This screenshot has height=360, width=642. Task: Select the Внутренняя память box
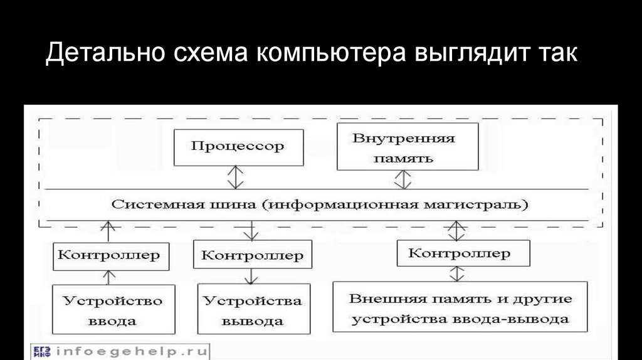tap(407, 147)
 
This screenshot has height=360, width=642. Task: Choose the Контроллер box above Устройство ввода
tap(110, 255)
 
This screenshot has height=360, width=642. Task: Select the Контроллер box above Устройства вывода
tap(253, 255)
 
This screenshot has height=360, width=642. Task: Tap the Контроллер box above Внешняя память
tap(460, 253)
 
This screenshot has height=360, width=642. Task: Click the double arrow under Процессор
tap(236, 176)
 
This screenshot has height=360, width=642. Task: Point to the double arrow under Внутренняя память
tap(403, 179)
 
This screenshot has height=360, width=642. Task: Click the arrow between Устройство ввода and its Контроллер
tap(110, 277)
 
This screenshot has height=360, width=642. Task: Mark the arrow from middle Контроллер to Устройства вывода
tap(251, 276)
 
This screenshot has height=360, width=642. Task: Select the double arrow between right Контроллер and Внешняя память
tap(458, 273)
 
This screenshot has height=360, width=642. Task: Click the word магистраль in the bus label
tap(490, 205)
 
